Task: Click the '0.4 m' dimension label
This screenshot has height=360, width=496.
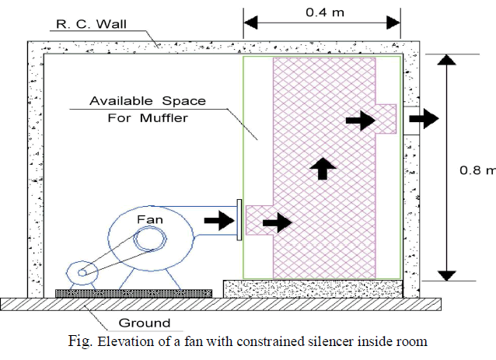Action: click(323, 12)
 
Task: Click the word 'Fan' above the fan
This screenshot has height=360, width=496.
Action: click(150, 221)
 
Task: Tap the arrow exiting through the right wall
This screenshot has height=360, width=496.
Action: click(424, 118)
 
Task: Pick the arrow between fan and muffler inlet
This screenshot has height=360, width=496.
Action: click(217, 222)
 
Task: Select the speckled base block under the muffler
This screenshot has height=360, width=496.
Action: click(313, 288)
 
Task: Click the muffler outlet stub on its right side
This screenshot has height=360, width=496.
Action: click(386, 118)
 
